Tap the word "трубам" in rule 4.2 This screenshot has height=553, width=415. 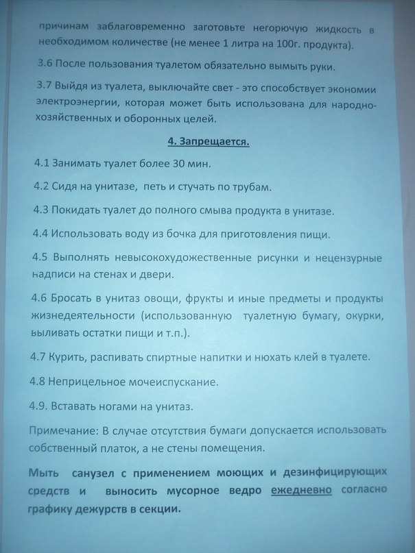point(251,187)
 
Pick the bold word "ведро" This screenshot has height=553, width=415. point(245,491)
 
